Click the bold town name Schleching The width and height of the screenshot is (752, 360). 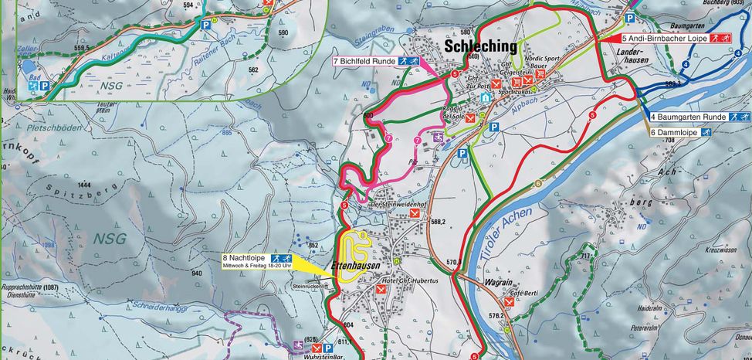(480, 47)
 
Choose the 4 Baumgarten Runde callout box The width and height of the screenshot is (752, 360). (699, 116)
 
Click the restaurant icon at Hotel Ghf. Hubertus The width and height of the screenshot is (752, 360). (382, 290)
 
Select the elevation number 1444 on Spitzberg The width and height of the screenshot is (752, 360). (84, 185)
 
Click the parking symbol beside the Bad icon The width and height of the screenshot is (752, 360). (44, 88)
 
